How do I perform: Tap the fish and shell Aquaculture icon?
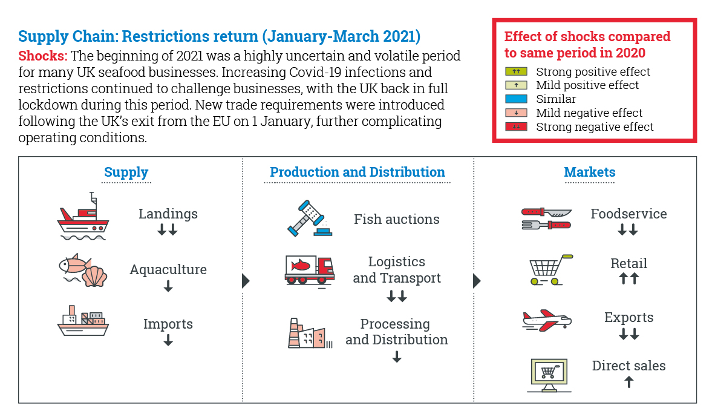tap(83, 270)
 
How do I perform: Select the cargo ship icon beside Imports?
tap(83, 321)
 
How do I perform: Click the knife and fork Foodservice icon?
tap(546, 218)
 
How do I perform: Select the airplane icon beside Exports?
tap(547, 320)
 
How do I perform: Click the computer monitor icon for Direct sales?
tap(549, 375)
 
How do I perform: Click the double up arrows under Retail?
tap(629, 278)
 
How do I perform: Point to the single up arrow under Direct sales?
tap(629, 382)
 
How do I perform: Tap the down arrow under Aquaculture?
tap(168, 286)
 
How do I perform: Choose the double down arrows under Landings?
tap(168, 229)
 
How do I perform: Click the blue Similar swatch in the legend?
tap(516, 99)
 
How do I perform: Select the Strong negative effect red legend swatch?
tap(516, 126)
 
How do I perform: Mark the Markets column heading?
tap(590, 172)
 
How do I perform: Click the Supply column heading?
tap(126, 172)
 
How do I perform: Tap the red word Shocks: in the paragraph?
tap(43, 56)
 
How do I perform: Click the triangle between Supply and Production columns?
tap(246, 281)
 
